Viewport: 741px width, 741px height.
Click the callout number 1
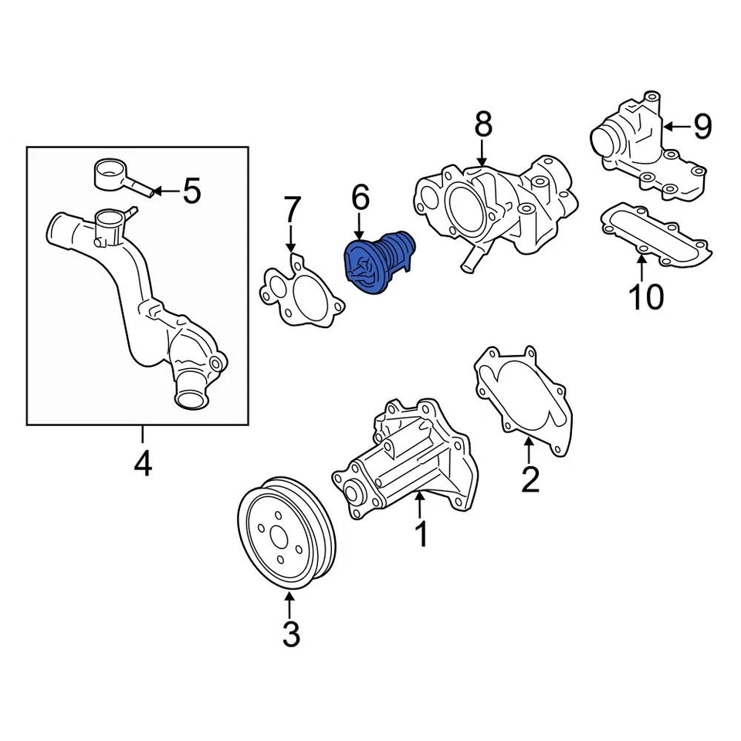[421, 533]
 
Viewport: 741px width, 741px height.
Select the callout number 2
[530, 479]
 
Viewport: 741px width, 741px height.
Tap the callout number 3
[289, 634]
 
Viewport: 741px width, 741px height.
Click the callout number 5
[191, 190]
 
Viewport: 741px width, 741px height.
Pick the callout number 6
[360, 198]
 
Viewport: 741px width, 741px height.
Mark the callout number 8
[482, 126]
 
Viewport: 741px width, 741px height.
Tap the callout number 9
[702, 126]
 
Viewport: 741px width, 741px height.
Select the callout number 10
[646, 296]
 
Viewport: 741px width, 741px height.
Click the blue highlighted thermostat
[378, 263]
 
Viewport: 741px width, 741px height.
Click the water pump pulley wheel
[285, 533]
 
